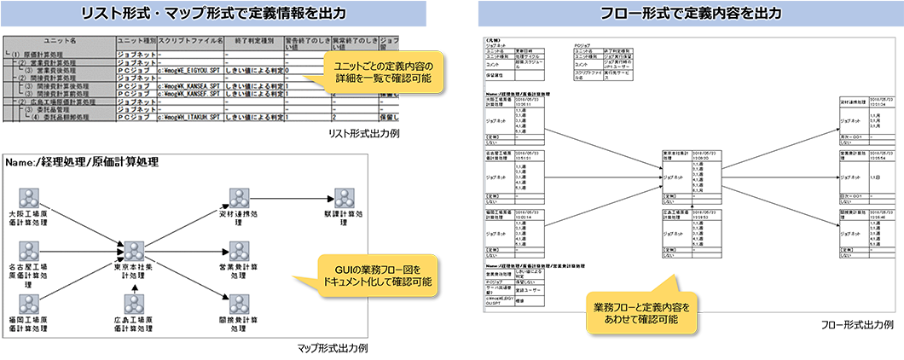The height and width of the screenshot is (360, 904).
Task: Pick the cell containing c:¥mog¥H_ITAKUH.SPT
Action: coord(191,118)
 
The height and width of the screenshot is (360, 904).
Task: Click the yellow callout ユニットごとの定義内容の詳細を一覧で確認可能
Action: coord(377,72)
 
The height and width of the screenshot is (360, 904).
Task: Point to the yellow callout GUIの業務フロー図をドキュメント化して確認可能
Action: coord(375,274)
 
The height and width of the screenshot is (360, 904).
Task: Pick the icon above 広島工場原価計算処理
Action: coord(132,303)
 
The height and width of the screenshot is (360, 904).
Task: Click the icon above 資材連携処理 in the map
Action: coord(239,198)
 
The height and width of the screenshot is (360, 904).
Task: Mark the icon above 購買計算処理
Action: coord(344,198)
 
